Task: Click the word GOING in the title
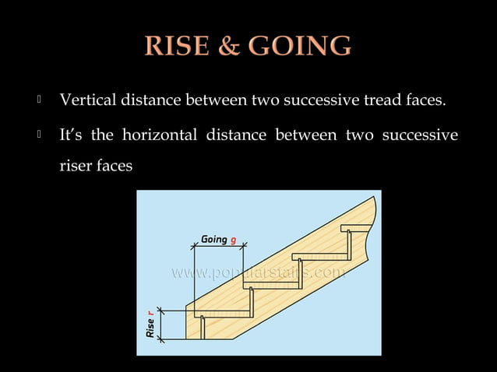(300, 47)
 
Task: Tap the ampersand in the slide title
(227, 47)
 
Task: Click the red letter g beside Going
(233, 240)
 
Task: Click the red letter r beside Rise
(150, 313)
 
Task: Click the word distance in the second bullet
(235, 136)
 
